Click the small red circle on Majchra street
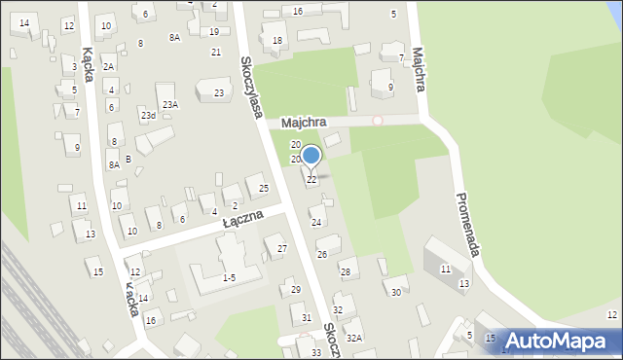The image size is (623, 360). pos(378,120)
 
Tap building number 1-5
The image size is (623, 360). pos(229,277)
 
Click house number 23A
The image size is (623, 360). pos(170,104)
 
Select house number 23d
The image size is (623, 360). pos(147,116)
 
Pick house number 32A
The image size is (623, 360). pos(354,338)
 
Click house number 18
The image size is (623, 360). pos(277,40)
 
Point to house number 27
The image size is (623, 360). pos(282,249)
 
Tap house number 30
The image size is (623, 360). pos(395,292)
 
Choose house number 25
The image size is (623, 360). pos(264,188)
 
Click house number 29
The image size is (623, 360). pos(296,290)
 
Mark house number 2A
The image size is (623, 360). pos(108,66)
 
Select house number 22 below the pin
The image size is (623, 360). pos(311,180)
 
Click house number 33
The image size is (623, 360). pos(315,352)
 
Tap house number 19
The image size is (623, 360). pos(214,32)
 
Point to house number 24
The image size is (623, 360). pos(315,223)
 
